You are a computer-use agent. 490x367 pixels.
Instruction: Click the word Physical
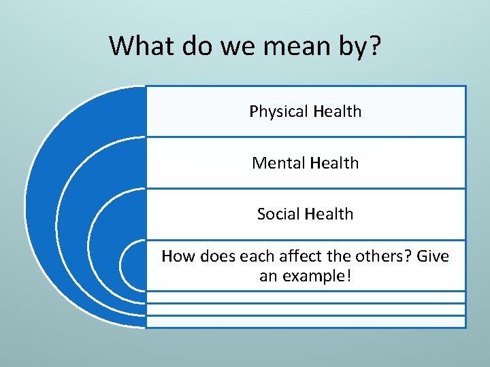tap(275, 111)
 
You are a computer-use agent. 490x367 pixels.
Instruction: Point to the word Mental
tap(278, 163)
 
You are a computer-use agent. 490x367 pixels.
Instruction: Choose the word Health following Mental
tap(333, 163)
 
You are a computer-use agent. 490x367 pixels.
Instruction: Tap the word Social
tap(278, 214)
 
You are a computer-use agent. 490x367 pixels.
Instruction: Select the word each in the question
tap(251, 257)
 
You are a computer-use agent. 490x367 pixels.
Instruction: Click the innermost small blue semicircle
tap(134, 266)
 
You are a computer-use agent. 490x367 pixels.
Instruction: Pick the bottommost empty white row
tap(306, 321)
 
